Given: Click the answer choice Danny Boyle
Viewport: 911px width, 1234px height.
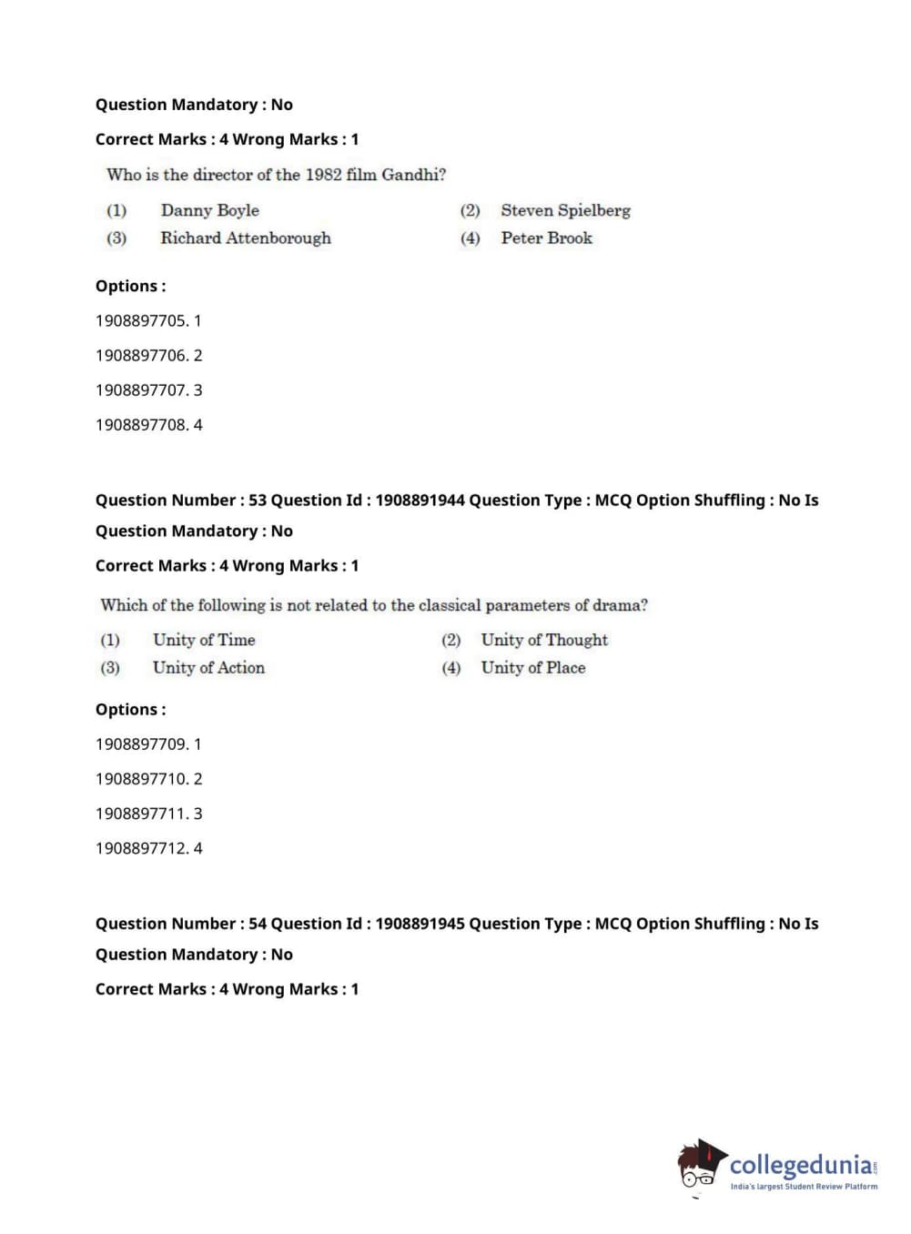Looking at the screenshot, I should pos(209,210).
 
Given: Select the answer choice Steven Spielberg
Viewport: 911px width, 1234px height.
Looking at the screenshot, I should pos(565,210).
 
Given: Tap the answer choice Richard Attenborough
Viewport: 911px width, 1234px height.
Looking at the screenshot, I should pos(246,238).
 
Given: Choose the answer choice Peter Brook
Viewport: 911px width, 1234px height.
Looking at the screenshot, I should pos(546,238).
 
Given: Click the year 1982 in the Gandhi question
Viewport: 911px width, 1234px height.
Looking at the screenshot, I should pos(323,174).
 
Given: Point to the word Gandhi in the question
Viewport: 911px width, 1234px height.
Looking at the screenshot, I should pos(410,174).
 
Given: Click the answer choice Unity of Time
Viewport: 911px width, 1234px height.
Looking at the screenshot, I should pos(204,640).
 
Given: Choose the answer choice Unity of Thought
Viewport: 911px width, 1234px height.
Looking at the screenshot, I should pos(544,640).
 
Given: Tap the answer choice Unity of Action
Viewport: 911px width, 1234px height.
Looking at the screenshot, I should pos(208,667).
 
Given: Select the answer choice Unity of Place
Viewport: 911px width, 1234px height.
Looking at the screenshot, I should pos(533,667).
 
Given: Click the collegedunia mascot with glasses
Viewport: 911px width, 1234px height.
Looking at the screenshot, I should pos(700,1164).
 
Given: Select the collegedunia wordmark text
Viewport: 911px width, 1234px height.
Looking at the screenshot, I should pos(801,1164).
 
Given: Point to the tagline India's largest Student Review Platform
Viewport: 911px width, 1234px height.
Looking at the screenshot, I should pos(804,1186).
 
